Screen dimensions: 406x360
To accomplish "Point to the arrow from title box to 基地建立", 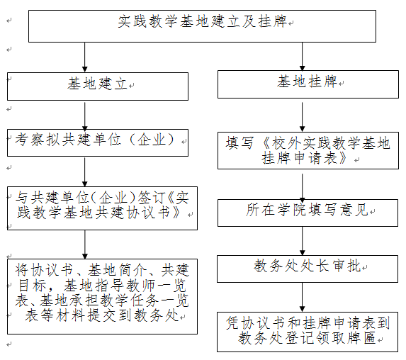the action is (x=84, y=57).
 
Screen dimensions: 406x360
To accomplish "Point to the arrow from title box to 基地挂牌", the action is (x=302, y=57).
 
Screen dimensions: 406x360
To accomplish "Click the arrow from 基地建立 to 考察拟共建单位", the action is (x=84, y=116).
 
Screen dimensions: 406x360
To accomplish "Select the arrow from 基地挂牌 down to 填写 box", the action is (x=302, y=117).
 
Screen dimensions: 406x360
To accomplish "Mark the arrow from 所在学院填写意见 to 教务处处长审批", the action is (x=302, y=241).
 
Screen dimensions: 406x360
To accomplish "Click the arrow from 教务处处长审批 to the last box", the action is (x=302, y=298).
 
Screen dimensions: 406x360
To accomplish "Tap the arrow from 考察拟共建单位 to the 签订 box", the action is (x=84, y=172).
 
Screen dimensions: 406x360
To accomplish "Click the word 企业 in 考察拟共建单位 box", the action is (x=152, y=140).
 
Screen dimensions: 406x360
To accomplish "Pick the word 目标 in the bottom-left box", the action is (x=33, y=285).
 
